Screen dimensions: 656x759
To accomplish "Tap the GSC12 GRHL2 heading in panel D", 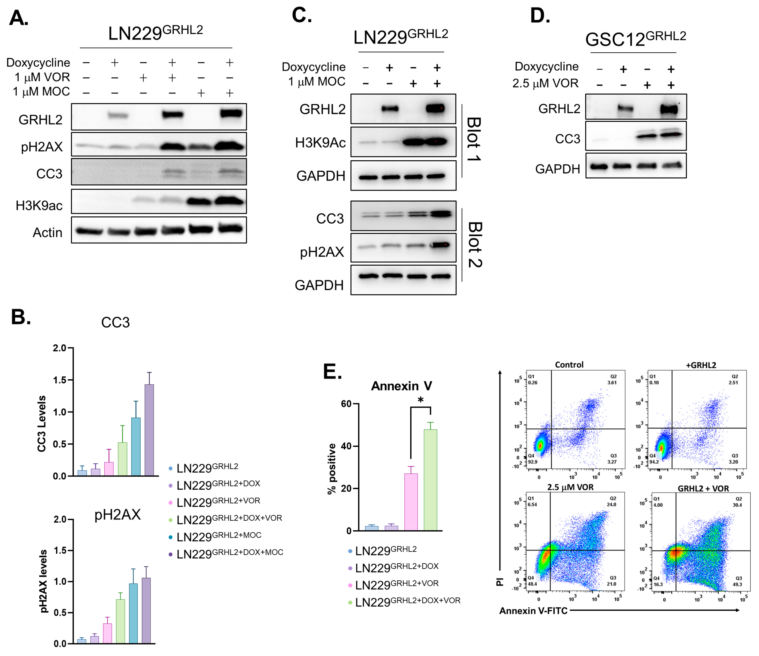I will point(635,38).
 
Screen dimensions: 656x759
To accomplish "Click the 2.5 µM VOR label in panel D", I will point(545,84).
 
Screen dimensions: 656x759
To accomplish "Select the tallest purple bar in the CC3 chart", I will point(149,430).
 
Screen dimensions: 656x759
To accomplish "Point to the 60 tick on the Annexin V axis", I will point(346,404).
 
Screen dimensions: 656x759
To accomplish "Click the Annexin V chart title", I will point(401,386).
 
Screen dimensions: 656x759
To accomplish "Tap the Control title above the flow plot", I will point(569,365).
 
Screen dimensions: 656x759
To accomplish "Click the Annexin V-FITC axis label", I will point(533,611).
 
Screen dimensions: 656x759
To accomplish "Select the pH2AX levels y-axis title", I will point(43,581).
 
